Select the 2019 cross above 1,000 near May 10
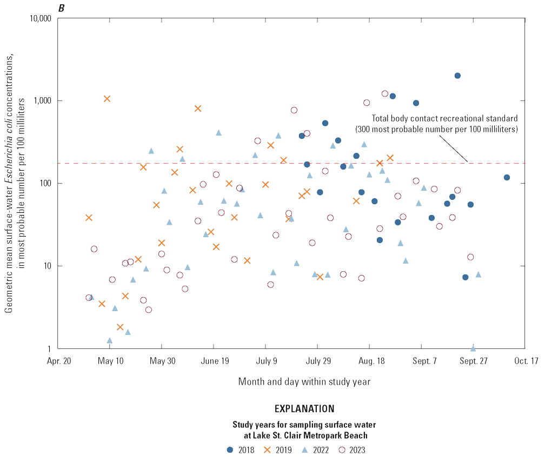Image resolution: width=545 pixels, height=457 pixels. (x=107, y=98)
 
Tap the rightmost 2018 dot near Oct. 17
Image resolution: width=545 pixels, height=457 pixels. (x=507, y=177)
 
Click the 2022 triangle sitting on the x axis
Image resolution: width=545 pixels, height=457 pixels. (x=473, y=348)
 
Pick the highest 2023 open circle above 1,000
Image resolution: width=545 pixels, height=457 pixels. (x=385, y=93)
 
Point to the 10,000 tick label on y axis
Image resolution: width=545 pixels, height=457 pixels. (x=38, y=18)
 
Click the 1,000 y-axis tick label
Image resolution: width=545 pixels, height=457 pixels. (x=41, y=101)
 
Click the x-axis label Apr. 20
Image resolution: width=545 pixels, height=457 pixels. (x=58, y=362)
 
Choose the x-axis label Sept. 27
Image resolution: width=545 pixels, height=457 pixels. (x=473, y=362)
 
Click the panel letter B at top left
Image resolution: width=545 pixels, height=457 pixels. (x=69, y=6)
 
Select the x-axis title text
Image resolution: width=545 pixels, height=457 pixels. (x=304, y=381)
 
